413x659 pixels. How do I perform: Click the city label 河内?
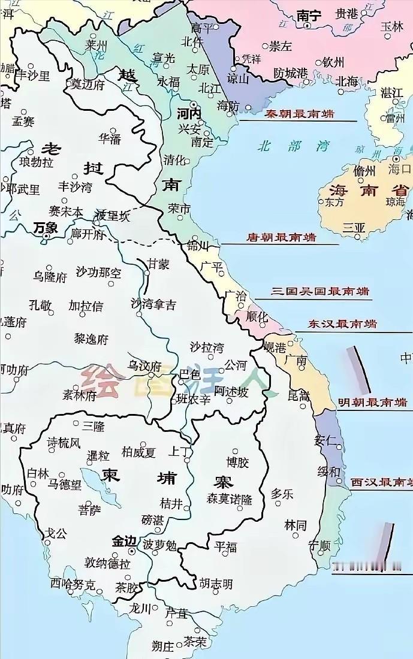pos(189,113)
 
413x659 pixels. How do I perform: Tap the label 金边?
pos(124,541)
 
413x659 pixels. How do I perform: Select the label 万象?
pos(46,227)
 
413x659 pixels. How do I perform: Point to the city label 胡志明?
pos(216,584)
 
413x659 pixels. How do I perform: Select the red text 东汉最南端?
pos(342,324)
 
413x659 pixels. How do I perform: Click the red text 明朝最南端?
pos(372,402)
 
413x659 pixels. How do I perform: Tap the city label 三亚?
pos(354,227)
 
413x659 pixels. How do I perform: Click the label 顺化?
pos(257,316)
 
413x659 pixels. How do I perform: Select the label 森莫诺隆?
pos(230,498)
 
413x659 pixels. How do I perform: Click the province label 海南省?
pos(368,191)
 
